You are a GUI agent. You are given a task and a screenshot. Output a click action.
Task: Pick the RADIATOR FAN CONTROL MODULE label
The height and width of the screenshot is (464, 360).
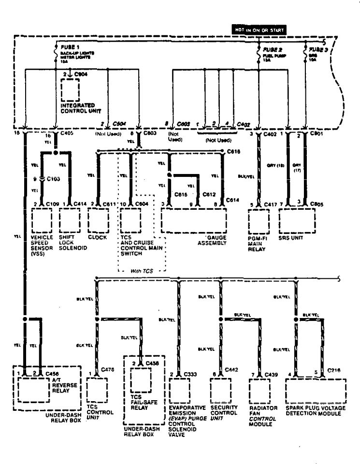point(263,416)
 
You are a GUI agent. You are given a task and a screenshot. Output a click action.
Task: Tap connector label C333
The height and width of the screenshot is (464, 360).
point(190,375)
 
